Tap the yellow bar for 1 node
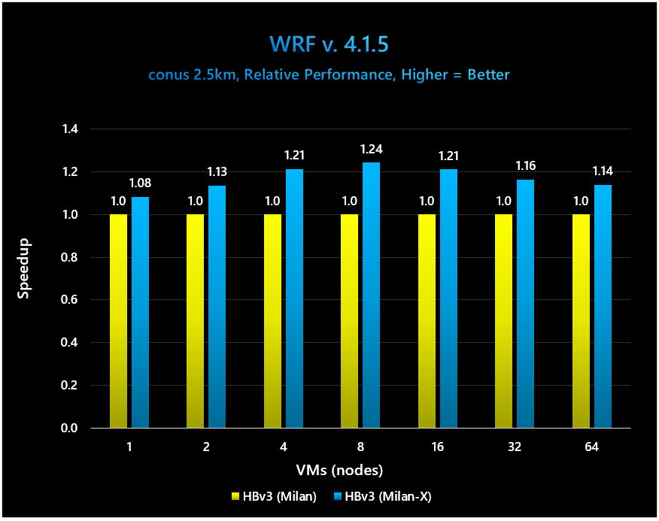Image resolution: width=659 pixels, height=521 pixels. [119, 321]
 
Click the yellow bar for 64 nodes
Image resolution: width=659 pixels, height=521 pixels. [582, 321]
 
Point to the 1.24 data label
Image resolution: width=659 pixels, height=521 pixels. [372, 150]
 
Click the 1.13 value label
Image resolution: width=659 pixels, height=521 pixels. [217, 172]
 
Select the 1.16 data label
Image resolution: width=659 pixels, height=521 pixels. [526, 166]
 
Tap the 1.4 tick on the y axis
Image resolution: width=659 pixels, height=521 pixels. [69, 129]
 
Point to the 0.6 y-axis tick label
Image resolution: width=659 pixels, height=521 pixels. [69, 300]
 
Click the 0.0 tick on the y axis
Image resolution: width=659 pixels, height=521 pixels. [69, 429]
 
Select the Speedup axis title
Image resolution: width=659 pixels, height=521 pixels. [23, 279]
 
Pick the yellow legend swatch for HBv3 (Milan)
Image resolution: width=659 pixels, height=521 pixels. [236, 497]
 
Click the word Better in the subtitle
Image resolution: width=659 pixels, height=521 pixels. [488, 75]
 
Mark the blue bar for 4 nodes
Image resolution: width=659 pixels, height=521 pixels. [295, 298]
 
